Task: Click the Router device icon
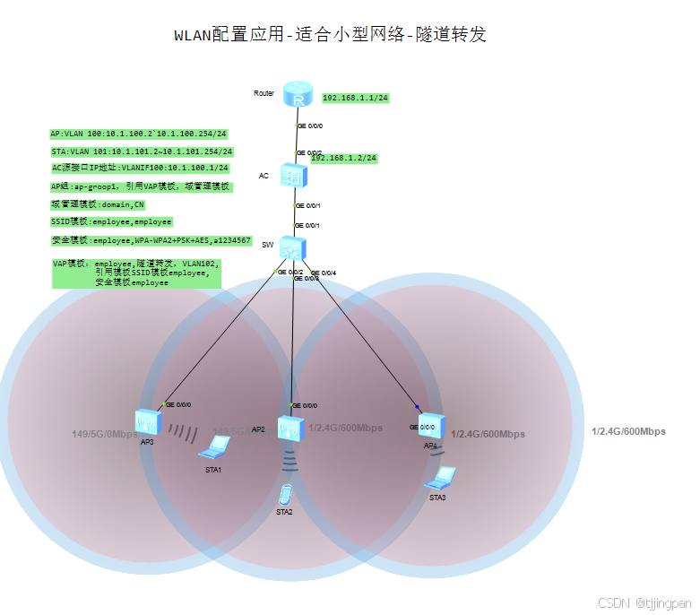(x=295, y=94)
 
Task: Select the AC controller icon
(x=293, y=176)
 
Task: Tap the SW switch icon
(x=293, y=247)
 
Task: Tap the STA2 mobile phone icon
(x=285, y=494)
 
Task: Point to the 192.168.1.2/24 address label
(x=344, y=158)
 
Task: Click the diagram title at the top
(x=331, y=35)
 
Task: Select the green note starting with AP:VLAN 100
(x=138, y=134)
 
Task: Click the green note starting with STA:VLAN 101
(x=142, y=152)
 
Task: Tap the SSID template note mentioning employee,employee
(x=112, y=221)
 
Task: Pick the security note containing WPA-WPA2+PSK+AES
(x=151, y=240)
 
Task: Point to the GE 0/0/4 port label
(x=325, y=273)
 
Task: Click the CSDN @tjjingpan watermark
(x=644, y=603)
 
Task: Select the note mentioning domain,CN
(x=98, y=204)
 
